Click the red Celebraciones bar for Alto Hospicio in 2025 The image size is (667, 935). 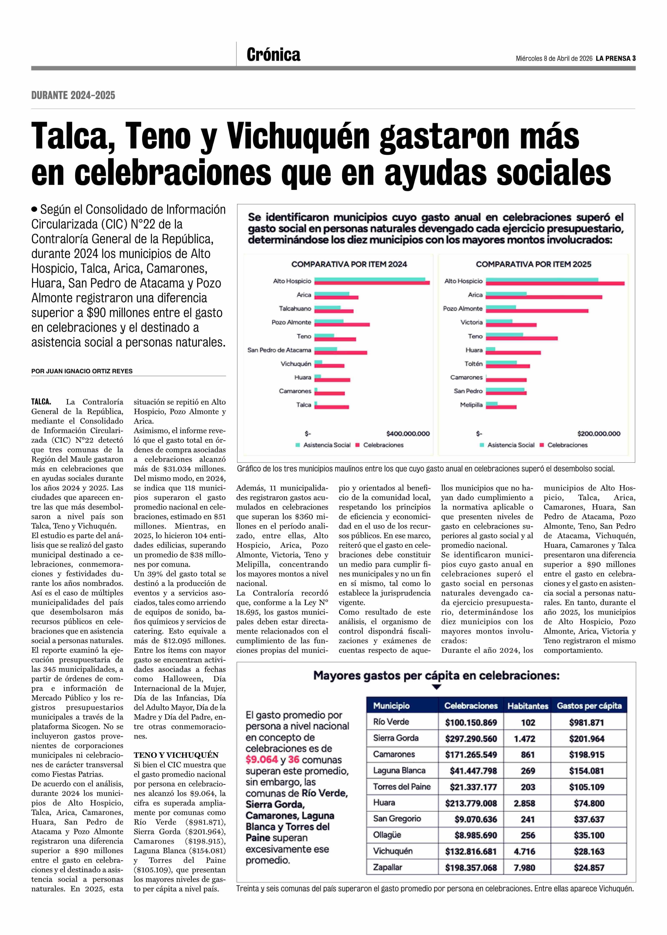554,283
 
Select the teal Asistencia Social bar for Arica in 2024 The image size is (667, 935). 332,294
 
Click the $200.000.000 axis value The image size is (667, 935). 598,433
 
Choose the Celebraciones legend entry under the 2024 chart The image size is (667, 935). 383,445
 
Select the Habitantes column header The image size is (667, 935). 528,706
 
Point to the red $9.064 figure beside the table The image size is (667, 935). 262,760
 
